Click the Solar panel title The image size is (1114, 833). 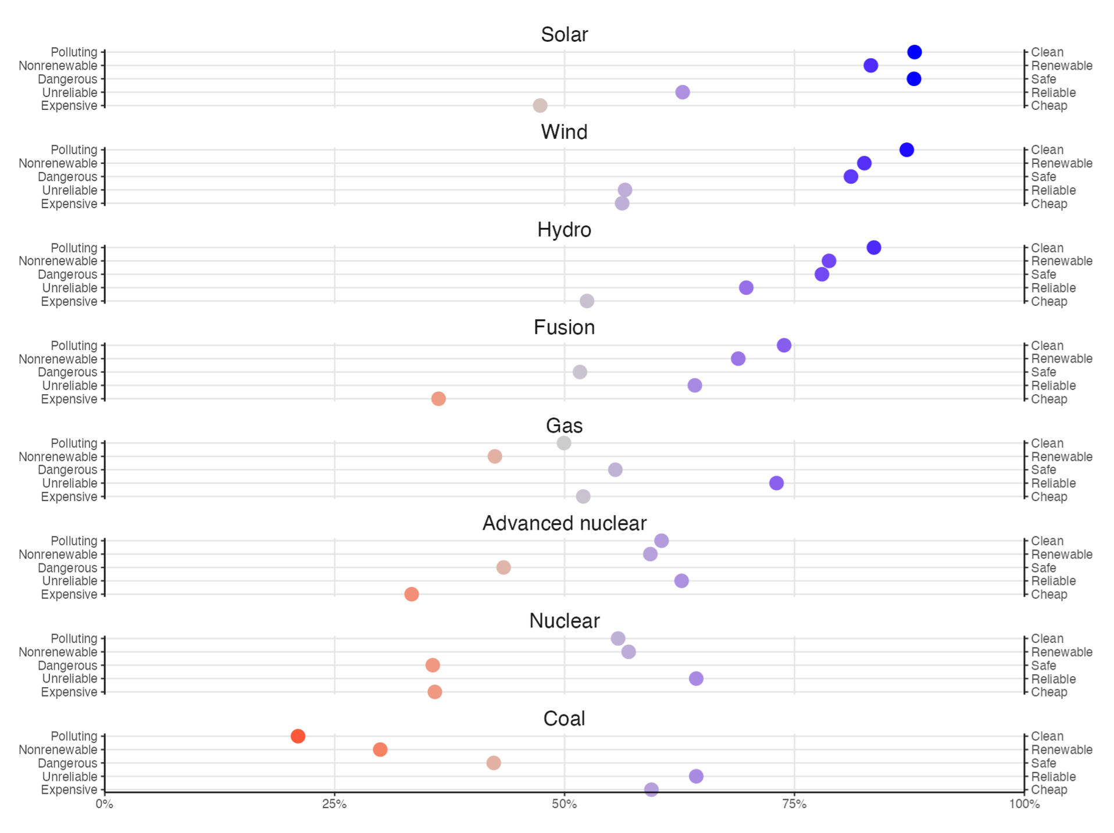(564, 34)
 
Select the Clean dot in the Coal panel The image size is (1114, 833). (298, 736)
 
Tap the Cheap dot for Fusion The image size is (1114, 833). (438, 399)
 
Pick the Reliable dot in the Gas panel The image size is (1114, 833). (776, 483)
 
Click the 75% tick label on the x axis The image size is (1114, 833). (794, 804)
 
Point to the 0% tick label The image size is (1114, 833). (105, 804)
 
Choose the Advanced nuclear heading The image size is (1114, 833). (564, 523)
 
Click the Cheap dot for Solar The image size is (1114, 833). (540, 106)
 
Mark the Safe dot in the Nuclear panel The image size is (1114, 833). (433, 665)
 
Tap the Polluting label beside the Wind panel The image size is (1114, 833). (74, 150)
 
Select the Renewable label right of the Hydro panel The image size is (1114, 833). (1062, 261)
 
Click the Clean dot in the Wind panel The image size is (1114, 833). (906, 150)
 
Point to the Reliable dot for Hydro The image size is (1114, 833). (746, 288)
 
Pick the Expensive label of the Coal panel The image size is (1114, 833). (69, 790)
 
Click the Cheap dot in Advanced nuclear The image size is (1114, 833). (412, 594)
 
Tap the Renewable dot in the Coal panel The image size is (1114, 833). (380, 749)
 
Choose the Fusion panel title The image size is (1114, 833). (564, 327)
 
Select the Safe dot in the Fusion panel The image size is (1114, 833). (580, 372)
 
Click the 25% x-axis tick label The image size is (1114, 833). (334, 804)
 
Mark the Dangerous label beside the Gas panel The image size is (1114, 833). (67, 470)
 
